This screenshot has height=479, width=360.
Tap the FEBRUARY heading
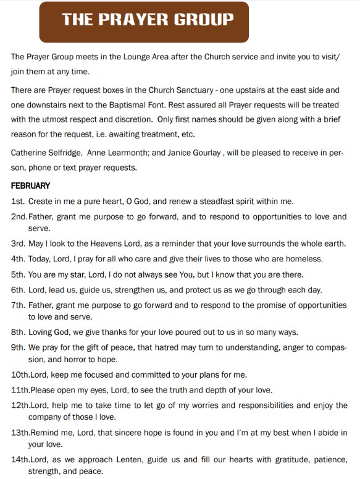click(x=30, y=185)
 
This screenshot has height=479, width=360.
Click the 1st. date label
click(x=18, y=201)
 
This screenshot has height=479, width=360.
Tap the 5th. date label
click(x=18, y=274)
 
